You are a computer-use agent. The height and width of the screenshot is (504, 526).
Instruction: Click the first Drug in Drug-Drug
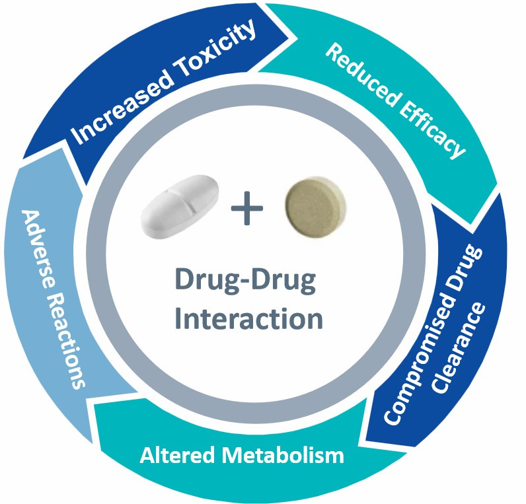coord(203,280)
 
